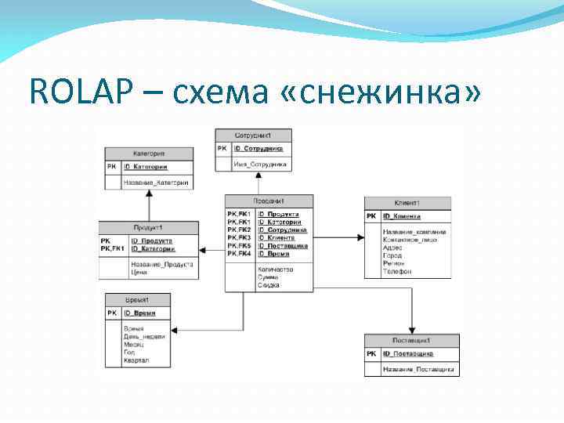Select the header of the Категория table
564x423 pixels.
pos(149,154)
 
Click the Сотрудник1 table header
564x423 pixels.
pos(253,135)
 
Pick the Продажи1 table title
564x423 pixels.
pos(269,201)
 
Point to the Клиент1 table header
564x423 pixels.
pos(407,203)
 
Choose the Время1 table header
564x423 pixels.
pos(138,300)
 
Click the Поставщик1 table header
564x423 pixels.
pos(411,341)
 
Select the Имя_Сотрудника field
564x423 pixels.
pos(260,164)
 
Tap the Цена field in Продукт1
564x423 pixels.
pos(139,272)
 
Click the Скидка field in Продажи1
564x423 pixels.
pos(268,285)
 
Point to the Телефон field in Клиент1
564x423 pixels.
pos(396,272)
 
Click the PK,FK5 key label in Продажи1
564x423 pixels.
pos(238,246)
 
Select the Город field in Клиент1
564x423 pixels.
pos(392,255)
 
